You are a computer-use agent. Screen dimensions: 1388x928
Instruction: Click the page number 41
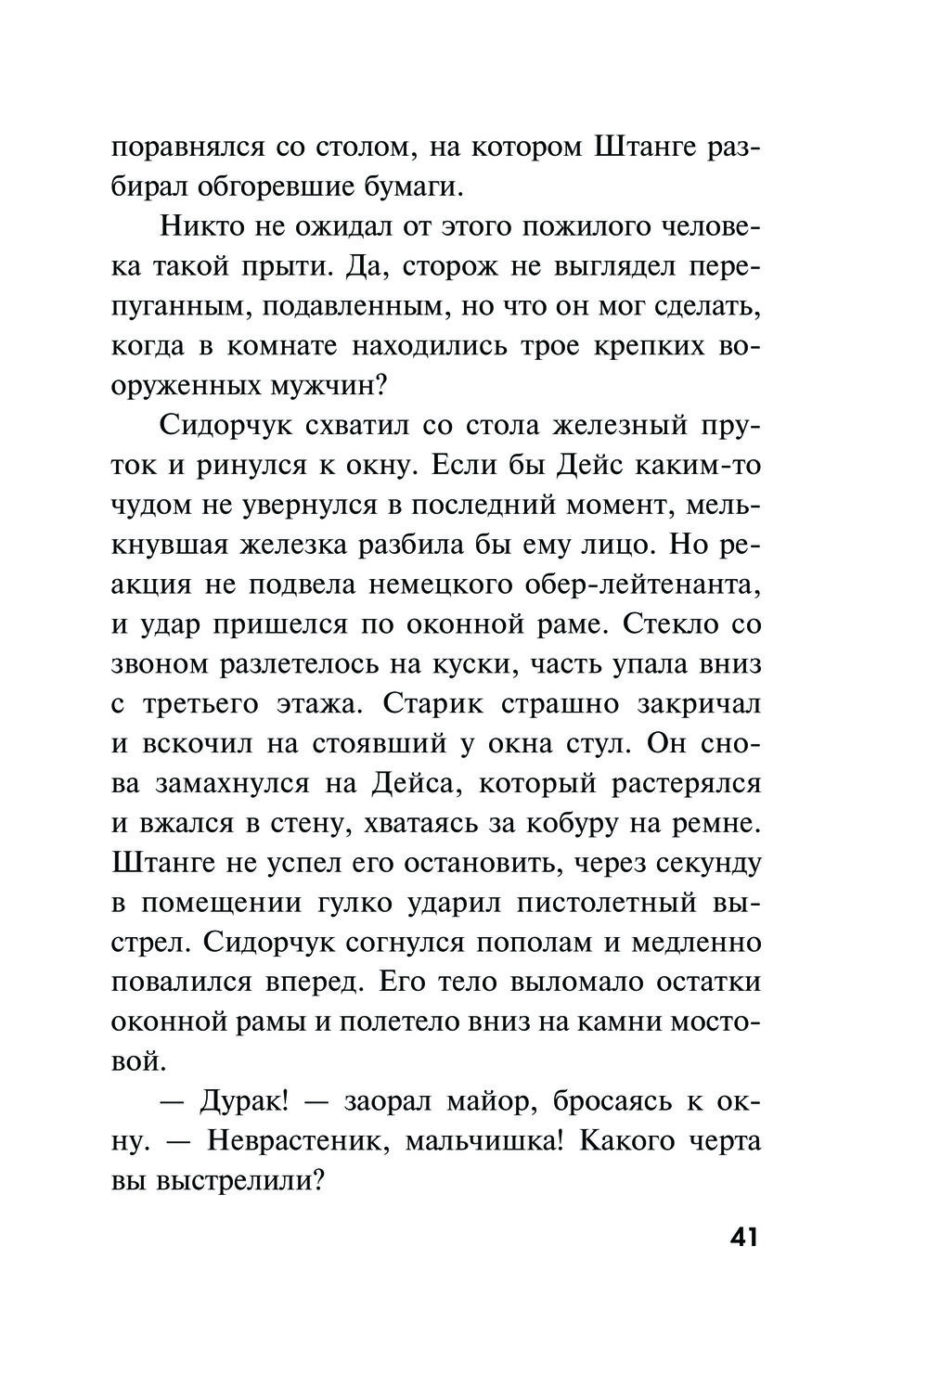(743, 1237)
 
